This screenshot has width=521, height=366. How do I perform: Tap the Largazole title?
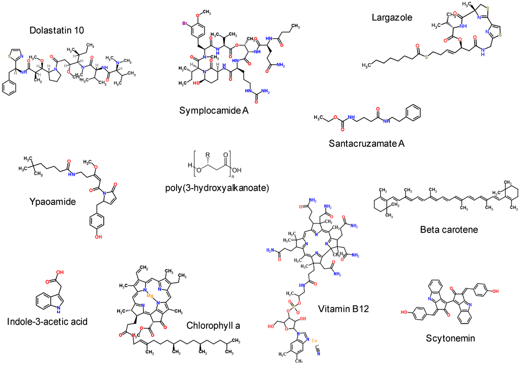392,18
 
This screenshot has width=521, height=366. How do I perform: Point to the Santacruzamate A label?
367,143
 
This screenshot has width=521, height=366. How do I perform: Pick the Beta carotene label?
448,229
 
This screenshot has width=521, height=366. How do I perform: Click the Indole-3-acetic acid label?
47,322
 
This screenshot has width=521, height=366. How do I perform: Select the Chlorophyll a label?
213,325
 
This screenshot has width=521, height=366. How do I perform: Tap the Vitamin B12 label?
343,309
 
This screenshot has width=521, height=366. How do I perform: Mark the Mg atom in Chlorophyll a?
149,295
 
